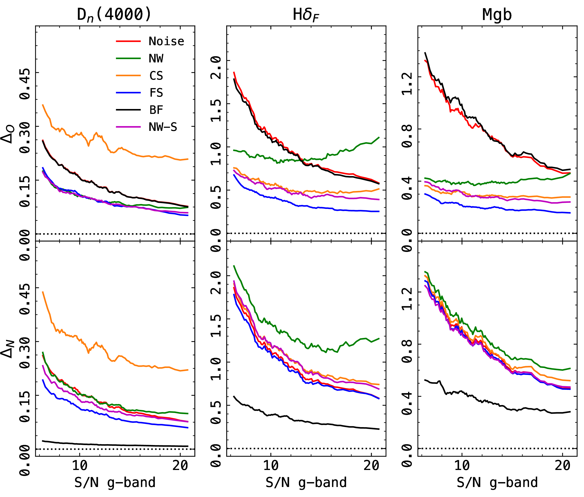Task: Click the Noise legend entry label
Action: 166,41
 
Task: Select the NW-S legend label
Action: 163,127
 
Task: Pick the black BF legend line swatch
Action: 128,110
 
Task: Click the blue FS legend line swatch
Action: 128,92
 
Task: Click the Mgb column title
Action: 497,15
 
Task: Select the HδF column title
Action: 306,15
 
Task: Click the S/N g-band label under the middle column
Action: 306,483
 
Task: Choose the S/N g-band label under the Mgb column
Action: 497,483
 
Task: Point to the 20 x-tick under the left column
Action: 180,466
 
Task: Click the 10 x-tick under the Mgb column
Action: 462,466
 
